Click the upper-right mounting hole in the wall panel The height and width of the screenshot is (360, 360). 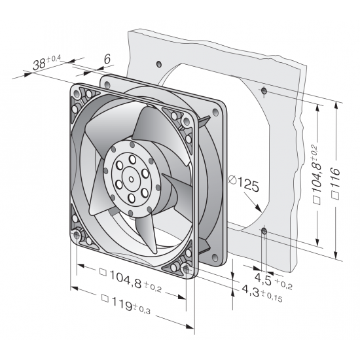263,90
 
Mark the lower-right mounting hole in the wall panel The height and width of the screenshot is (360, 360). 263,231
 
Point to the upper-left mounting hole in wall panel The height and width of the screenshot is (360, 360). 159,64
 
